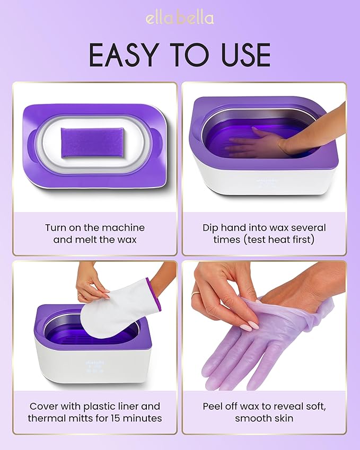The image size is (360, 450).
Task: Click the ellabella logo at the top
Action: (x=180, y=18)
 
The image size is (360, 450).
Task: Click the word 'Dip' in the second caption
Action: (x=211, y=227)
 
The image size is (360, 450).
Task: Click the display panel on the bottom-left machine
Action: (x=96, y=368)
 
